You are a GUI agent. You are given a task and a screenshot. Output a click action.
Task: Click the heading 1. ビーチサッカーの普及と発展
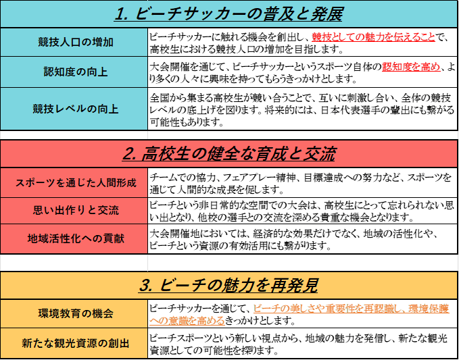[x=228, y=15]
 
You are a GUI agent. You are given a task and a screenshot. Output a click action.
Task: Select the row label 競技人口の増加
[x=76, y=43]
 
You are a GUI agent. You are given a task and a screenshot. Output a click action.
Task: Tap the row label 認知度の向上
[x=76, y=72]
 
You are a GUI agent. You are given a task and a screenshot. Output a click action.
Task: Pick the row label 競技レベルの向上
[x=76, y=109]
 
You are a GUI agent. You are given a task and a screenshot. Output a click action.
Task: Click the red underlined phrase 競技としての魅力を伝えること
[x=373, y=37]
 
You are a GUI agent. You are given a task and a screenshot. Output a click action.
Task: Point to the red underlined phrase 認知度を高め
[x=411, y=67]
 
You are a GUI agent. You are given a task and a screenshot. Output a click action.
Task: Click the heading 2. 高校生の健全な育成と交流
[x=228, y=155]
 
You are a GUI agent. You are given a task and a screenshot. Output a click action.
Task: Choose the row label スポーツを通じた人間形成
[x=76, y=183]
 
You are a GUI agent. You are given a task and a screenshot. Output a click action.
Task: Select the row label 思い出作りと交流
[x=76, y=211]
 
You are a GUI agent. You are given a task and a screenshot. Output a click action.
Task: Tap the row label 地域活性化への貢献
[x=76, y=238]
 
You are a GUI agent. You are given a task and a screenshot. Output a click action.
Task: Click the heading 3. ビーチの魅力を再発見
[x=228, y=286]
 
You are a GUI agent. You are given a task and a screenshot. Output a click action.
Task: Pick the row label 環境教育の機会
[x=76, y=313]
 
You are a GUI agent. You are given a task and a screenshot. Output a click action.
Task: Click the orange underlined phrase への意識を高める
[x=187, y=321]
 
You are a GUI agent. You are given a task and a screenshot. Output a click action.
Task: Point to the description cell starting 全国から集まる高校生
[x=303, y=109]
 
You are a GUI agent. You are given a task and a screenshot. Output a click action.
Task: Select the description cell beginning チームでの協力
[x=303, y=183]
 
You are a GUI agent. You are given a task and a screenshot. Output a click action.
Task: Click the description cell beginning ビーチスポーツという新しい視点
[x=303, y=343]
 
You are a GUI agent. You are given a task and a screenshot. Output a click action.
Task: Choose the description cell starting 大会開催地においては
[x=303, y=238]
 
